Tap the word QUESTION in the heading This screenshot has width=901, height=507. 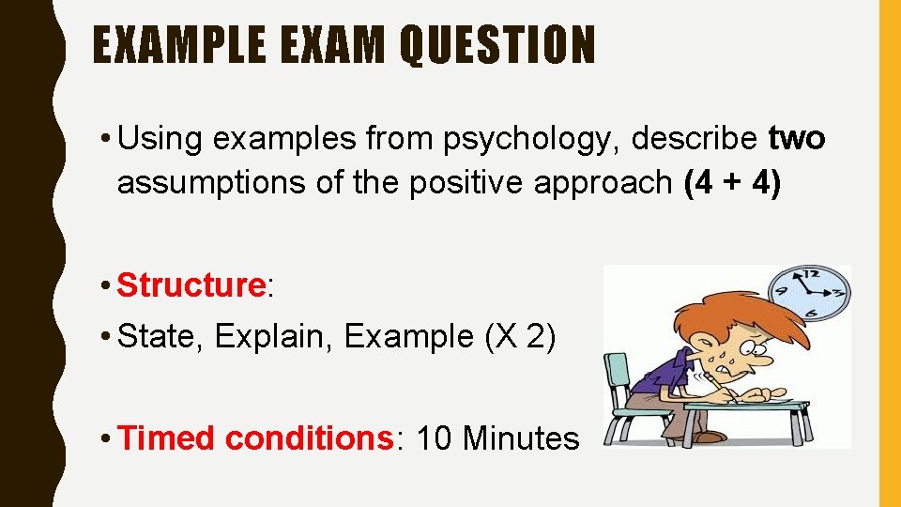497,46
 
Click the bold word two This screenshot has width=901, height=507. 797,139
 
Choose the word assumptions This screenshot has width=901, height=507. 212,182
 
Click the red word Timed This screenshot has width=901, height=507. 169,438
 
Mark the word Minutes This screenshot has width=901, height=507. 521,438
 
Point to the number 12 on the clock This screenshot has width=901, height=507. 808,274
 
